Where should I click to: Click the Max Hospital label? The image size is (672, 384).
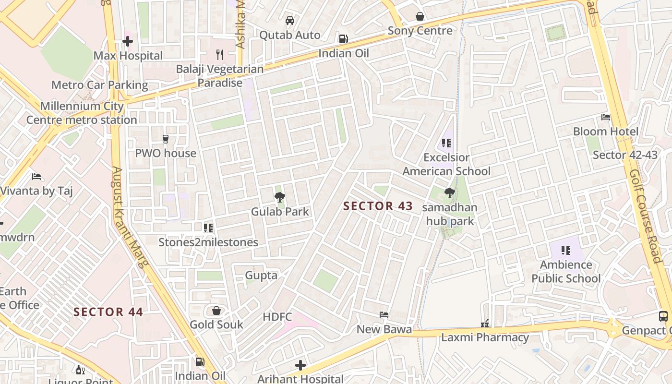click(128, 56)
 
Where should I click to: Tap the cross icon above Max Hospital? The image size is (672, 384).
click(127, 41)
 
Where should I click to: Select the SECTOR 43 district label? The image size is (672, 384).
click(378, 206)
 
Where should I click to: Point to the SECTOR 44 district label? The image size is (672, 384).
click(108, 312)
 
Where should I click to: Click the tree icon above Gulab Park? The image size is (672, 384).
click(280, 197)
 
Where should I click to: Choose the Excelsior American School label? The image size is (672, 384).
click(446, 164)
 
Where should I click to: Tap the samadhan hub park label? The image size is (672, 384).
click(450, 214)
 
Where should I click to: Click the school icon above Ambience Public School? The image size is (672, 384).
click(566, 250)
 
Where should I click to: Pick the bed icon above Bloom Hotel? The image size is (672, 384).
click(606, 117)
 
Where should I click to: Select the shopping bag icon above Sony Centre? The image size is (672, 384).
click(420, 17)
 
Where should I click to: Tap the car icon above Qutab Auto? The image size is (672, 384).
click(290, 21)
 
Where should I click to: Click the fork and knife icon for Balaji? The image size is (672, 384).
click(220, 54)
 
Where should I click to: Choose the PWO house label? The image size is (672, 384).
click(166, 153)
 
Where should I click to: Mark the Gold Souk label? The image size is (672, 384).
click(216, 324)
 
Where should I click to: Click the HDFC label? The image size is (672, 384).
click(277, 317)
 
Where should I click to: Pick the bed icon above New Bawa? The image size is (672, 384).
click(384, 315)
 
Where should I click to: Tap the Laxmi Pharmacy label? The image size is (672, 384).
click(485, 337)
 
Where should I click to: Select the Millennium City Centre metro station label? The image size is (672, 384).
click(82, 113)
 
